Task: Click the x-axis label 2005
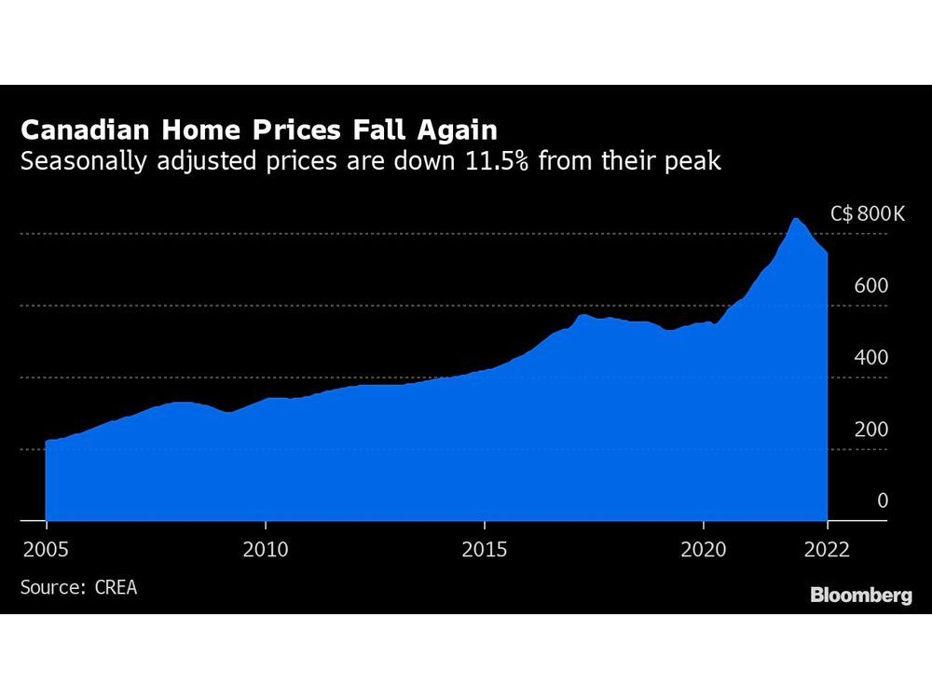tap(46, 548)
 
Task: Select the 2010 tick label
tap(265, 548)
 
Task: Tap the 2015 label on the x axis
tap(485, 548)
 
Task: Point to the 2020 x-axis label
tap(704, 548)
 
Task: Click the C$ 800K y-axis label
tap(868, 214)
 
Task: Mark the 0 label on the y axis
tap(883, 501)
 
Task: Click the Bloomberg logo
tap(861, 595)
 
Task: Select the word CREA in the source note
tap(115, 587)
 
